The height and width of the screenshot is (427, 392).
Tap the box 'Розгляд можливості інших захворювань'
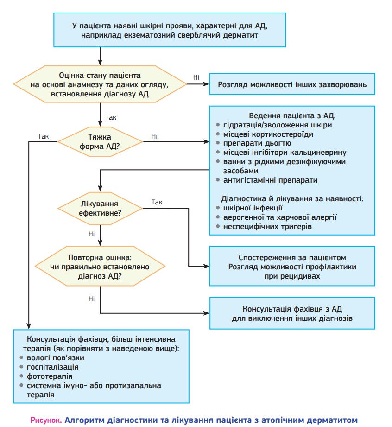292,85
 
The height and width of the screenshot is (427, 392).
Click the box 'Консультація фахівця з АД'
292,314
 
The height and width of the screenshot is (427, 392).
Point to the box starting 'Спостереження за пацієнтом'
292,266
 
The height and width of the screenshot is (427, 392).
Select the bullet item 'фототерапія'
50,376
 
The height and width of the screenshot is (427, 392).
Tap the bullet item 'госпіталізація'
53,367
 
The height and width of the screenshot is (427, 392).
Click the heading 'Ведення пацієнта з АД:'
292,115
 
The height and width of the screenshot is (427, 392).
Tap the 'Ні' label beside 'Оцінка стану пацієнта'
196,77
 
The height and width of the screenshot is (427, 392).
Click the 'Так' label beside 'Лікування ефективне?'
157,202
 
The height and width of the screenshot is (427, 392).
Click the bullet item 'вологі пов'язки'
55,357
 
